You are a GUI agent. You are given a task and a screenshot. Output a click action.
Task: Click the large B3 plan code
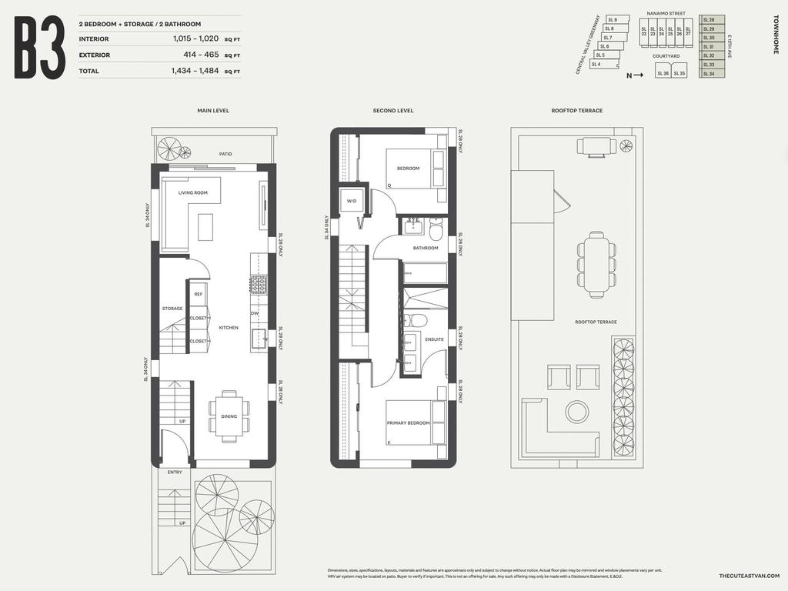(39, 48)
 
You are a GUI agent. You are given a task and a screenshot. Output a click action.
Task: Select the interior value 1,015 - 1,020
(196, 39)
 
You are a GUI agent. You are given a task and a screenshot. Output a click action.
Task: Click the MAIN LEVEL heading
(213, 111)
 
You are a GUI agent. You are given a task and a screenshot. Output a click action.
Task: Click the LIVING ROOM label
(193, 193)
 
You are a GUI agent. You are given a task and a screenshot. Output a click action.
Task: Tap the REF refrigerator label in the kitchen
(199, 295)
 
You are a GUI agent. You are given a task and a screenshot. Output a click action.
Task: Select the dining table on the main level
(229, 417)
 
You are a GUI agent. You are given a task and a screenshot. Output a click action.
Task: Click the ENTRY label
(175, 472)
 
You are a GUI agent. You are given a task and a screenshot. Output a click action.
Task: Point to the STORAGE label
(172, 309)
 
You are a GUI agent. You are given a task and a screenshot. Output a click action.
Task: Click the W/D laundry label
(352, 202)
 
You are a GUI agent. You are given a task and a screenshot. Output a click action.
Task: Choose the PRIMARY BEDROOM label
(408, 423)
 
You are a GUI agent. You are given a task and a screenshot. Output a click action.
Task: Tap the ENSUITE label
(434, 339)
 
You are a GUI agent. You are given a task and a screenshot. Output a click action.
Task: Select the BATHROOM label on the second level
(426, 248)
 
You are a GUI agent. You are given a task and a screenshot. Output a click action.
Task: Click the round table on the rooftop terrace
(576, 412)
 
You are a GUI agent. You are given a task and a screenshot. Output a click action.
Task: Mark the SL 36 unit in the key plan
(663, 73)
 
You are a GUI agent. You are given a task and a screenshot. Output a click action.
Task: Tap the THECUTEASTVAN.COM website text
(749, 576)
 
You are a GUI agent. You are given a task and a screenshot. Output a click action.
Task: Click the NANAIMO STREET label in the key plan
(666, 14)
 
